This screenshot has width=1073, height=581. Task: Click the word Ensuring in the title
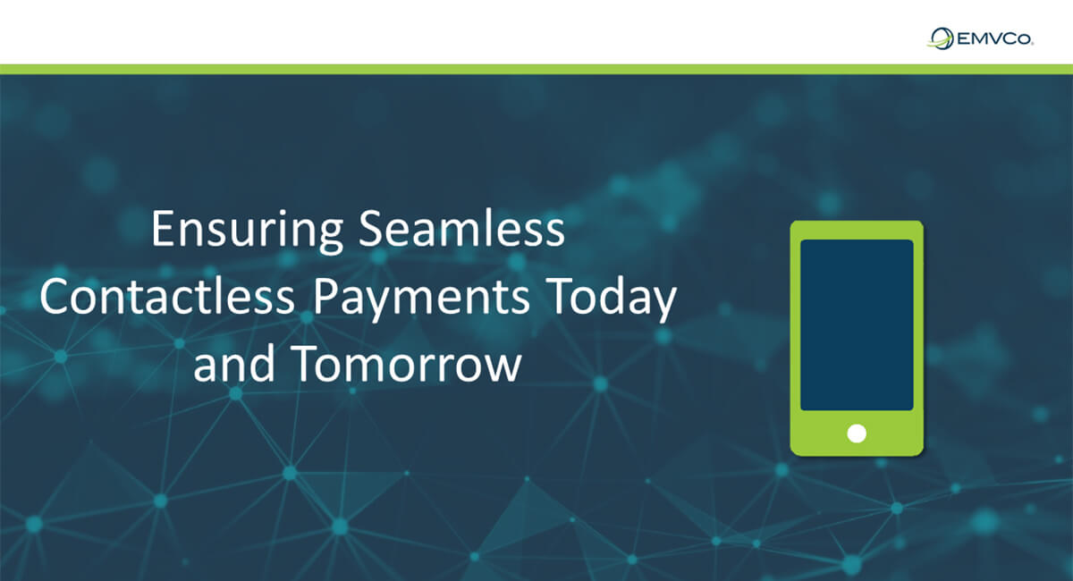247,231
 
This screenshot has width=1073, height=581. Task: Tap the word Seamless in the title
461,228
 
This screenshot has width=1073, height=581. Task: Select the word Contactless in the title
167,296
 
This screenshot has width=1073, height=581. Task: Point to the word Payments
421,299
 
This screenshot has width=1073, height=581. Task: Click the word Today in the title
612,299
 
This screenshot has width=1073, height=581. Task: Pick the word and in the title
234,363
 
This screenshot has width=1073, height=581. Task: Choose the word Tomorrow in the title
406,364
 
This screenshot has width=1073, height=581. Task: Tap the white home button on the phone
857,434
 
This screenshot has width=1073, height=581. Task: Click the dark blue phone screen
857,324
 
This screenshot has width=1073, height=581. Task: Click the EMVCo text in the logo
995,38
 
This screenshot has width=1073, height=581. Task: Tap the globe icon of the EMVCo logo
941,38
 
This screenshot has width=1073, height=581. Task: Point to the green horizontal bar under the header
536,70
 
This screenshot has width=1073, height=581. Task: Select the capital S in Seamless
371,228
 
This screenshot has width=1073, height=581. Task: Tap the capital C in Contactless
55,296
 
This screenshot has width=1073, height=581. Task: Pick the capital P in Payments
325,296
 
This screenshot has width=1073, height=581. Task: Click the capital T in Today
560,296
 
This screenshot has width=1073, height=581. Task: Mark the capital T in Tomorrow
305,363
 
